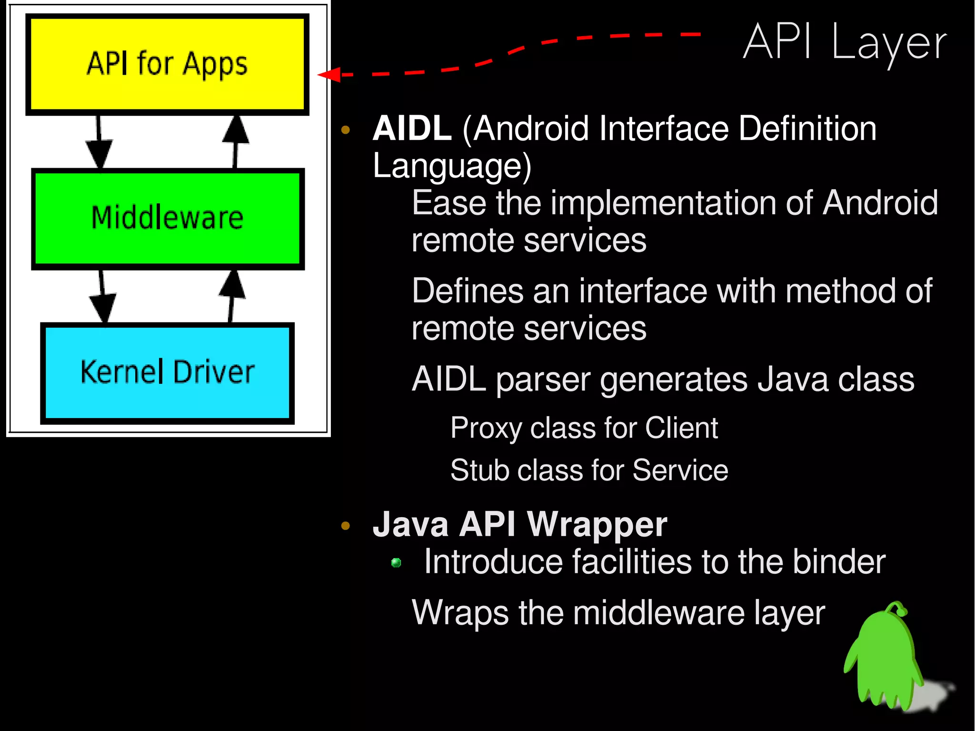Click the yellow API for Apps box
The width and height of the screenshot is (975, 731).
tap(167, 64)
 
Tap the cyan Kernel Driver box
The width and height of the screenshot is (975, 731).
tap(167, 373)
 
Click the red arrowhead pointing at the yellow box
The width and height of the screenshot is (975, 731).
tap(329, 75)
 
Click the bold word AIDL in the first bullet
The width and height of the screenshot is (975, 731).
tap(412, 129)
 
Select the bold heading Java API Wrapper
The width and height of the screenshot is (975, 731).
tap(520, 524)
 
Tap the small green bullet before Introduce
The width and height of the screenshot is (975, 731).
tap(396, 563)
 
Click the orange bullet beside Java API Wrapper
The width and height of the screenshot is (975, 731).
tap(346, 526)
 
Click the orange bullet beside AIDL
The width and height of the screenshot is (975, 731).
tap(346, 130)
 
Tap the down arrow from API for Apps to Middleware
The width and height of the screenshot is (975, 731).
tap(99, 143)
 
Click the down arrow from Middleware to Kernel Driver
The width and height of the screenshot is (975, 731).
tap(102, 298)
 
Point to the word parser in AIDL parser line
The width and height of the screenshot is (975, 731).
tap(543, 381)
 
